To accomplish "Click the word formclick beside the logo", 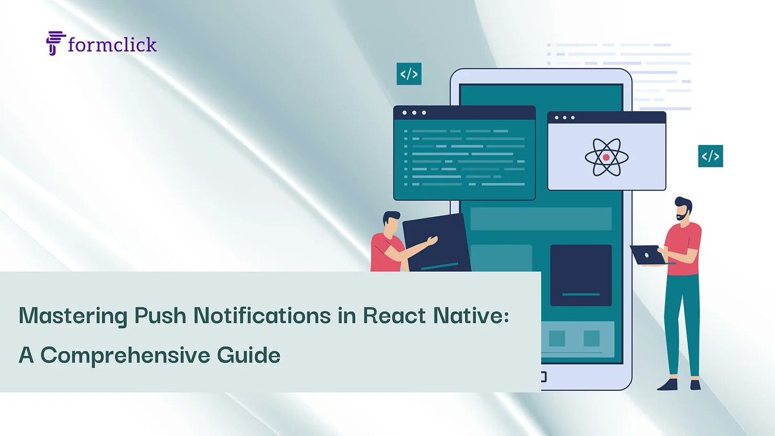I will [112, 45].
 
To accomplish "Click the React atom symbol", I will [606, 156].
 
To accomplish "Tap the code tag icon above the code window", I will [409, 74].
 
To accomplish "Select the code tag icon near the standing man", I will [710, 156].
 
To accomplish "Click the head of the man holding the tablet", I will [391, 222].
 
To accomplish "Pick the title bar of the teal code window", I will [464, 112].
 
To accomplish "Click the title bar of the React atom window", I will [606, 118].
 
